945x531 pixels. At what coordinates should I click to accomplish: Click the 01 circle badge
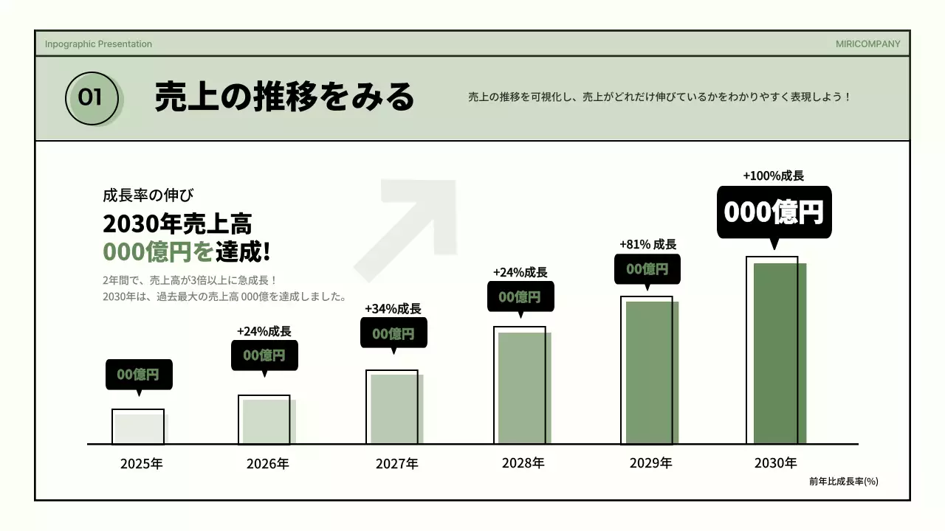(x=92, y=97)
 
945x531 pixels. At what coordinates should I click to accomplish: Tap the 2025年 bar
(x=140, y=428)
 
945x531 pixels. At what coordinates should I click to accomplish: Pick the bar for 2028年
(x=523, y=387)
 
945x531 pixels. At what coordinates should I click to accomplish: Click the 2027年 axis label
(x=396, y=464)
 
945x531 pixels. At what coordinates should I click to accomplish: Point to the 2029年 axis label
(x=650, y=463)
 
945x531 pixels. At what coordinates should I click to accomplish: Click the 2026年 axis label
(x=267, y=464)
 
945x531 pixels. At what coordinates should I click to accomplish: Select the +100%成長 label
(x=773, y=176)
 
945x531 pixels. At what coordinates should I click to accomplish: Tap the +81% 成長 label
(x=647, y=244)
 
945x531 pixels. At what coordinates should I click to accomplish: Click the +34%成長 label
(x=393, y=308)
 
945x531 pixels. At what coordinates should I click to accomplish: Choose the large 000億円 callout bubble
(x=774, y=212)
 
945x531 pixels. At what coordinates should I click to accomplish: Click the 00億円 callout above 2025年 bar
(x=139, y=374)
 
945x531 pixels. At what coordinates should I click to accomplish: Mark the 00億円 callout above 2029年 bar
(x=647, y=269)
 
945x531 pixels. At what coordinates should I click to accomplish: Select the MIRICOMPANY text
(x=867, y=44)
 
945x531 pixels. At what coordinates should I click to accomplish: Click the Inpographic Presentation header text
(x=98, y=44)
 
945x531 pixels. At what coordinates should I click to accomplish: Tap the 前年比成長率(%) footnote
(x=843, y=482)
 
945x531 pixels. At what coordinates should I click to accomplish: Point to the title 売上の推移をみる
(x=284, y=97)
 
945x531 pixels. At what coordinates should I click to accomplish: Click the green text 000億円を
(x=157, y=252)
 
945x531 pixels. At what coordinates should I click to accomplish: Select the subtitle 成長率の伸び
(x=148, y=195)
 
